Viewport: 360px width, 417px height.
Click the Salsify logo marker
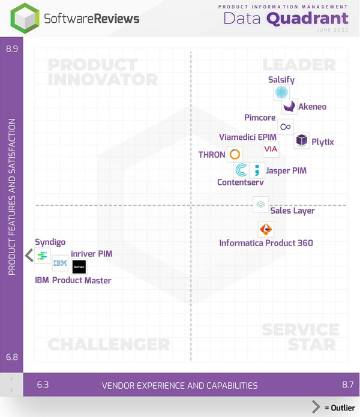281,92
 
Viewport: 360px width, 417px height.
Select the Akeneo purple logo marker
290,106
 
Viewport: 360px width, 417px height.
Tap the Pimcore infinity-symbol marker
286,127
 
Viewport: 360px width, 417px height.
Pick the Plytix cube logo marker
302,140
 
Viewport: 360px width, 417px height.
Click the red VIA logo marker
271,149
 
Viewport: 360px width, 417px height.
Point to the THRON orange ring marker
235,154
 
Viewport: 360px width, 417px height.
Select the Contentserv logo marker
241,170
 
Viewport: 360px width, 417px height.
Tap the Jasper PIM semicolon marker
257,170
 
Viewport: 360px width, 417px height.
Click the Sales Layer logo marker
260,204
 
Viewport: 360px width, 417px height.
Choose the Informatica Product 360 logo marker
266,229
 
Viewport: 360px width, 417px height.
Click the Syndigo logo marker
42,256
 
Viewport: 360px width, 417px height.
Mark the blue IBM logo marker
60,263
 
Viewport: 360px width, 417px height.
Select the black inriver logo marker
79,267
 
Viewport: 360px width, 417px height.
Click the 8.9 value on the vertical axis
12,49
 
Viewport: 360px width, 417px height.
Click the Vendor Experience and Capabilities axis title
179,385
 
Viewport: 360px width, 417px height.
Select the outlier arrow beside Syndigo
28,256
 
